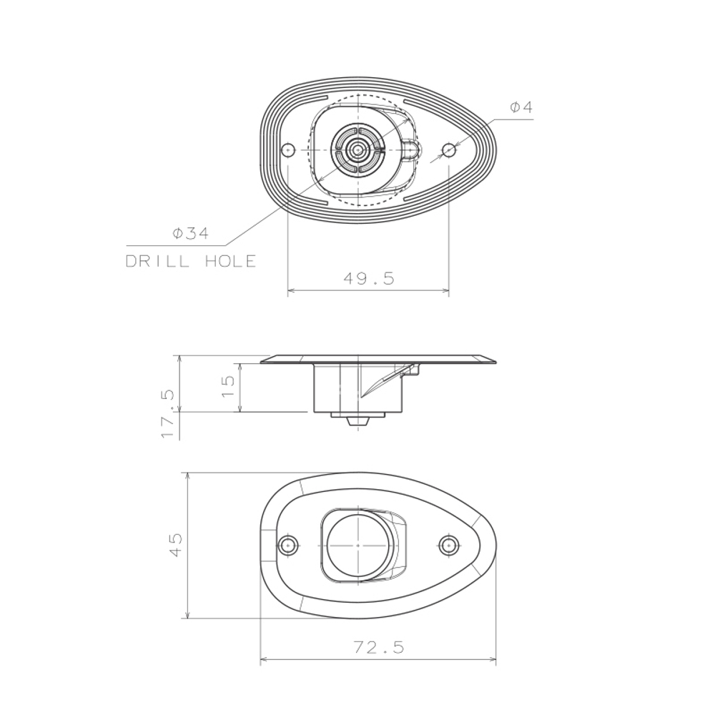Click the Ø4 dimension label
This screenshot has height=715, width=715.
(x=521, y=107)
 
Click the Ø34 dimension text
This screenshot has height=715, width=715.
(x=190, y=233)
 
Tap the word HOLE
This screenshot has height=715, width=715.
(x=230, y=262)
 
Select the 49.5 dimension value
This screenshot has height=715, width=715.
(x=368, y=279)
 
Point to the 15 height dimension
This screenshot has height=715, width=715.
(x=228, y=387)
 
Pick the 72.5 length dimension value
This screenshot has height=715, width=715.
(x=379, y=648)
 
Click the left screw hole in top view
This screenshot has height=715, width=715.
(x=287, y=150)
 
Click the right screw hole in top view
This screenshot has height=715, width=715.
(x=448, y=150)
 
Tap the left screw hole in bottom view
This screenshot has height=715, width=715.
(x=289, y=545)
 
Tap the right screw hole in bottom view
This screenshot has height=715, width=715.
(x=448, y=545)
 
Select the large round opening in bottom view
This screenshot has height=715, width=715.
(x=355, y=545)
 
